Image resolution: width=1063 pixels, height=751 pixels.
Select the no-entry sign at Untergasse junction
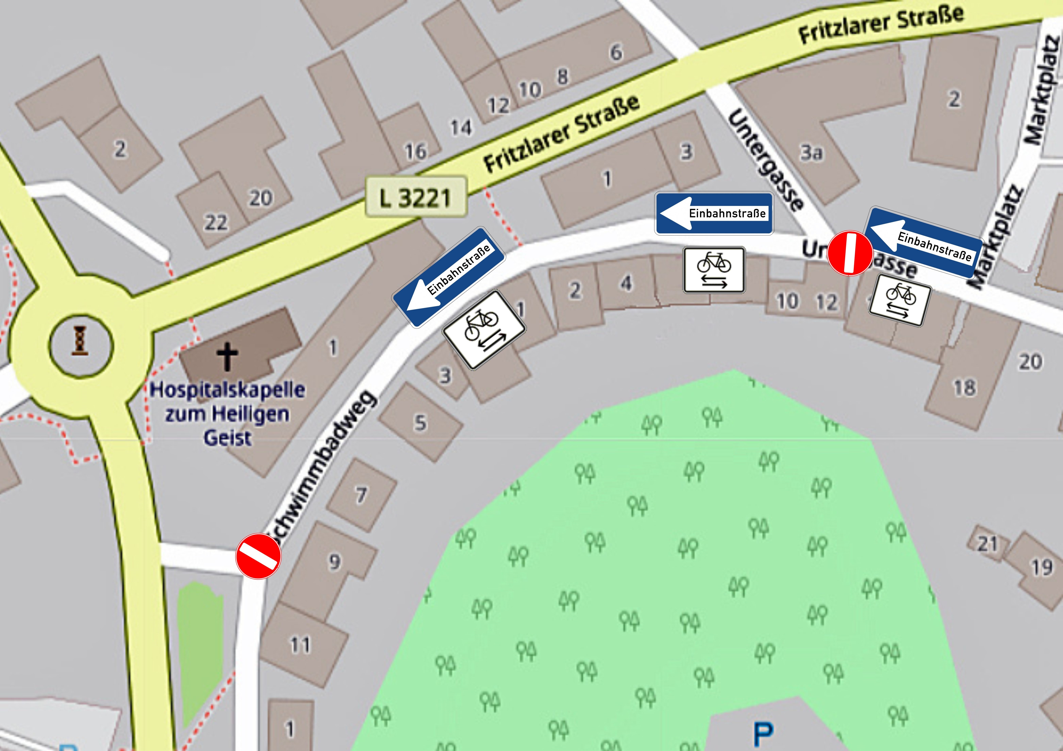pos(850,253)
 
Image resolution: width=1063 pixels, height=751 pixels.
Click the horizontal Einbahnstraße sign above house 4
pos(714,213)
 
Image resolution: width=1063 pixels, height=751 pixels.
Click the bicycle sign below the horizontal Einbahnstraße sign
pos(714,270)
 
